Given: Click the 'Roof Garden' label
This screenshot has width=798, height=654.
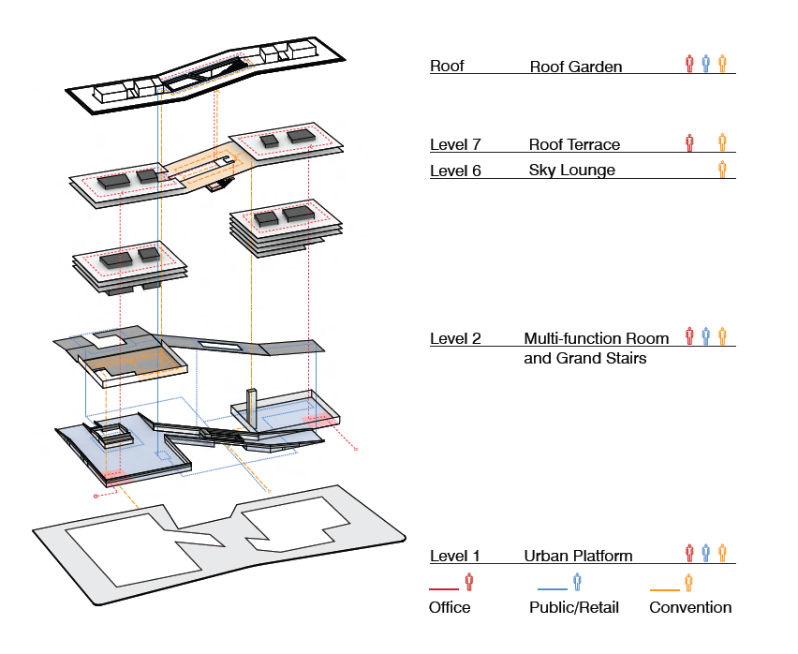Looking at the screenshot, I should [x=575, y=67].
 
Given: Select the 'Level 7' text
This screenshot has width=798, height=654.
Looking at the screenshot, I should [x=455, y=144].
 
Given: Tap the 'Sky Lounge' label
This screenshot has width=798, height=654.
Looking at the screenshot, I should [x=571, y=170].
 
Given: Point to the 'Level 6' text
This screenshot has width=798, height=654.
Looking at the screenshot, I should [x=455, y=170].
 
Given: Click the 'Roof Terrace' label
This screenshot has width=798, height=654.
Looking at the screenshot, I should [x=574, y=144].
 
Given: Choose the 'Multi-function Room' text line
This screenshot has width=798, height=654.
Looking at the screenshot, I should [x=597, y=338].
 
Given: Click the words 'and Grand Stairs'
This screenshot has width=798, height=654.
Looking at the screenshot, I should [x=584, y=358].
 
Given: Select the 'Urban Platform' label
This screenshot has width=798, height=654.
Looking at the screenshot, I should [x=578, y=556].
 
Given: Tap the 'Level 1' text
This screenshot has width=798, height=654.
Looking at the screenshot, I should [x=454, y=556].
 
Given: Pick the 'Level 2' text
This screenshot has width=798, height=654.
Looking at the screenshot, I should [x=455, y=338].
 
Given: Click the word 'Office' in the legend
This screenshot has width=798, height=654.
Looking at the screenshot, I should [x=450, y=607].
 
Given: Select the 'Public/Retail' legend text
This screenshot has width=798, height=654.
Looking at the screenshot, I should [x=574, y=607].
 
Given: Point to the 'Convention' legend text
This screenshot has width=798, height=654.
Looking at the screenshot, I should [x=690, y=607].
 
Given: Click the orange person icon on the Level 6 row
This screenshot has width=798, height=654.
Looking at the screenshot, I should [x=722, y=169].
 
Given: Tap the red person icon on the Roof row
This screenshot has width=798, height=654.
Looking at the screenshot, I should [x=690, y=64].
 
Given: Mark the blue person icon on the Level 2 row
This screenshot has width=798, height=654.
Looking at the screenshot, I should [x=706, y=335].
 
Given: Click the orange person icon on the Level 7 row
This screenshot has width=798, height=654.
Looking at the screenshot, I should [x=722, y=142].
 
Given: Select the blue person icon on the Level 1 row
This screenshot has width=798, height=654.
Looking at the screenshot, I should [x=706, y=553].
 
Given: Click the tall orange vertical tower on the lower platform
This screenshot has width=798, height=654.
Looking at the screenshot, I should [x=251, y=409].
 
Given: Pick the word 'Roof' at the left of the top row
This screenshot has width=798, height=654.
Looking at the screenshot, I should [x=447, y=67].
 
